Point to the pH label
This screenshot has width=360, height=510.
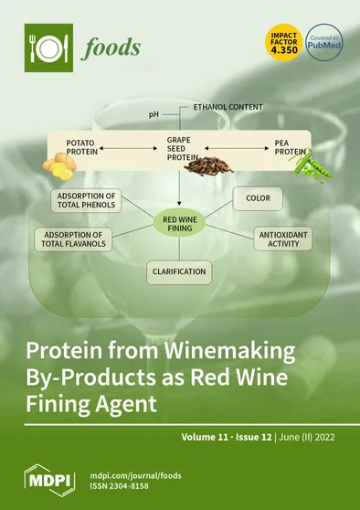(x=154, y=116)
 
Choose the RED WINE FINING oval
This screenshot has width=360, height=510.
(x=181, y=225)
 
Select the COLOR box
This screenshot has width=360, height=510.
(x=257, y=197)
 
